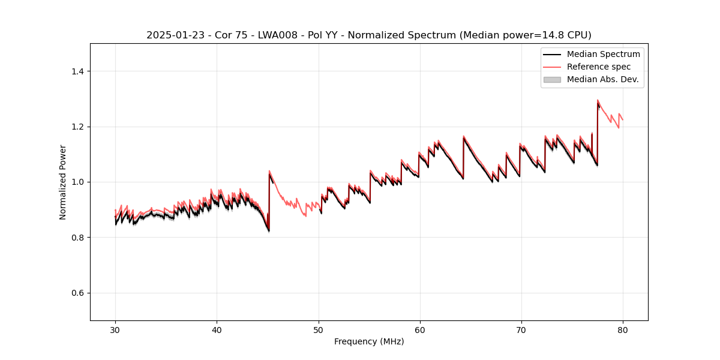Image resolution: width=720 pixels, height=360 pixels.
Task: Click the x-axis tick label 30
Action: click(115, 330)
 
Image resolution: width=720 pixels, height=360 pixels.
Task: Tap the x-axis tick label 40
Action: click(217, 330)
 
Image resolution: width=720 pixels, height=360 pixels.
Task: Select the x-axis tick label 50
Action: click(319, 330)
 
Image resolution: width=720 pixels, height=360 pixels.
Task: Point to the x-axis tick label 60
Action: click(420, 330)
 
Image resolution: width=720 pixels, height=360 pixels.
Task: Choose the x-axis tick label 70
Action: click(521, 330)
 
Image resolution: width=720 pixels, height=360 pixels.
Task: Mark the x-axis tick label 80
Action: click(623, 330)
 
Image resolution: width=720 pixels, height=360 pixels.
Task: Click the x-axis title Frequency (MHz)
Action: click(369, 341)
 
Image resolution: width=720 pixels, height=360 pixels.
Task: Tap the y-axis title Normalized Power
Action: click(63, 182)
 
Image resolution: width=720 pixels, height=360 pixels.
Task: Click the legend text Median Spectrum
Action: click(603, 54)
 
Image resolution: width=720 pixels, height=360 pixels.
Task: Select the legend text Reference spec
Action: click(599, 67)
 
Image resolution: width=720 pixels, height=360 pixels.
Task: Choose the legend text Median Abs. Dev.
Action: click(602, 79)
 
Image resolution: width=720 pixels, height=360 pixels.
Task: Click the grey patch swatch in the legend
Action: click(551, 79)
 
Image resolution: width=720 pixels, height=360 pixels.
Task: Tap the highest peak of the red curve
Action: click(598, 100)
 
